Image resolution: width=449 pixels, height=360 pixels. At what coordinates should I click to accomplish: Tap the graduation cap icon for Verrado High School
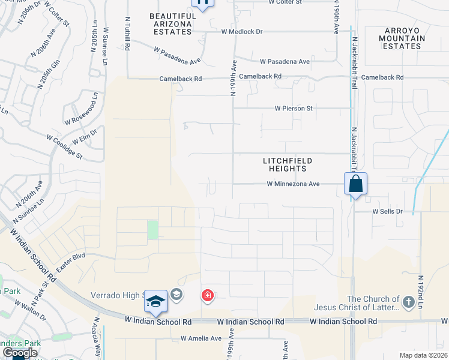[x=155, y=302]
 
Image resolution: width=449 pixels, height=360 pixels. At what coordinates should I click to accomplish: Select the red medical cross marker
[x=208, y=296]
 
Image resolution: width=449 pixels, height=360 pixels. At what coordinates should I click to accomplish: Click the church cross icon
[x=409, y=302]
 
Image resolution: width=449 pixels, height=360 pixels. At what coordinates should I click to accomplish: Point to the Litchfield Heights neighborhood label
[x=288, y=164]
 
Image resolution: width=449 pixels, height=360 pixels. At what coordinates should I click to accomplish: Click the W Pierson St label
[x=294, y=109]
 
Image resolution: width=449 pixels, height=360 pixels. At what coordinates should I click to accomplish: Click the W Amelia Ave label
[x=201, y=338]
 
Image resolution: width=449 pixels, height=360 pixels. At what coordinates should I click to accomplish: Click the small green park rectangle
[x=153, y=229]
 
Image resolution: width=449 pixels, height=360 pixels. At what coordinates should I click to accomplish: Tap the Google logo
[x=20, y=353]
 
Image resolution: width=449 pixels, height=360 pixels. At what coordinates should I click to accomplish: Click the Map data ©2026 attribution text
[x=423, y=355]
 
